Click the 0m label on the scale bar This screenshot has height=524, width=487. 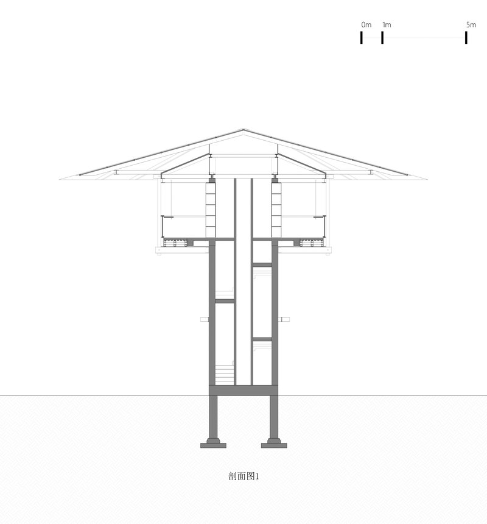[x=366, y=25]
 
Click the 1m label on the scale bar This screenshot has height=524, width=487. [x=387, y=25]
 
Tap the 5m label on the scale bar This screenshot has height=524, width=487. [x=471, y=25]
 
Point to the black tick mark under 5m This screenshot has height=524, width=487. [x=466, y=37]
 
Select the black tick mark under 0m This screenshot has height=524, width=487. [x=361, y=37]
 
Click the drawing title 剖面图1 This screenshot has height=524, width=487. [x=243, y=476]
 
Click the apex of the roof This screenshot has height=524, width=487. [x=243, y=129]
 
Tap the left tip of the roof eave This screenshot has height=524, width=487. [x=60, y=180]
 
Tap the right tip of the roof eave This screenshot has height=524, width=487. [x=427, y=180]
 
